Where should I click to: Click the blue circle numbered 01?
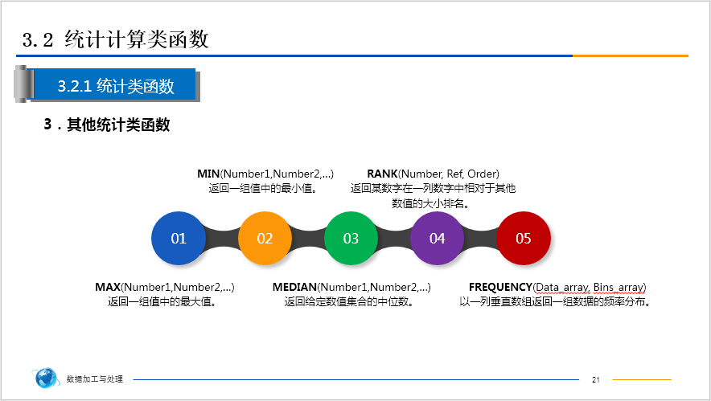[179, 239]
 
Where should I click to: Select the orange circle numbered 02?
[265, 239]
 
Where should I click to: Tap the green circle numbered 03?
[351, 239]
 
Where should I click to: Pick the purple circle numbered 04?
[438, 239]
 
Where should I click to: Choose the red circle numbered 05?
[524, 239]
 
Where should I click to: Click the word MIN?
[208, 174]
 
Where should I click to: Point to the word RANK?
[381, 174]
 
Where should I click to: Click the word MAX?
[107, 287]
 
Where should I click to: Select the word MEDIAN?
[294, 287]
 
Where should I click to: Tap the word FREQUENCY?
[500, 287]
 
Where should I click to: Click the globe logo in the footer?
[47, 378]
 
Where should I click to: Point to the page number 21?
[596, 379]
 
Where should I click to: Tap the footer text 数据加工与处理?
[95, 379]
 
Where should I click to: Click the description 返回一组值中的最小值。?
[262, 188]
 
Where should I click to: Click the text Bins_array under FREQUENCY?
[619, 287]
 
